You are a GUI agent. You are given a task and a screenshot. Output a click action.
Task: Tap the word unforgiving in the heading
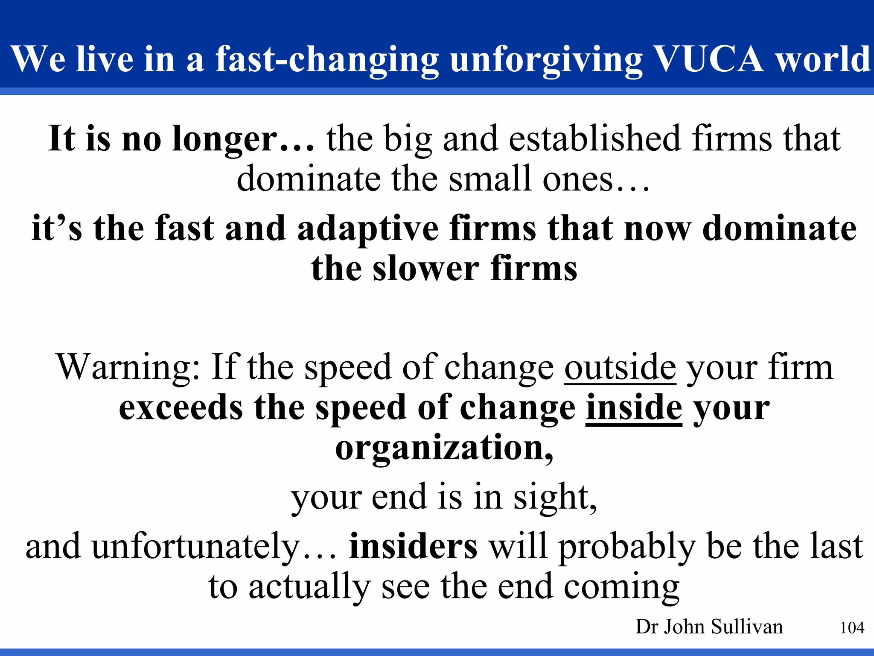point(546,60)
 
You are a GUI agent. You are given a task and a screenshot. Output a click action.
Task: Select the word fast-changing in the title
point(327,60)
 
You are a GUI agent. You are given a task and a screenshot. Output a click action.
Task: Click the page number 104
point(852,628)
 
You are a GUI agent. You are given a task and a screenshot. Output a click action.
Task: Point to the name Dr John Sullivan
point(709,627)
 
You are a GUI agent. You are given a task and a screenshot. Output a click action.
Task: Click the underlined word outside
point(620,367)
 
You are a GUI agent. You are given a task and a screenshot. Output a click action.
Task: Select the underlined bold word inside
point(634,408)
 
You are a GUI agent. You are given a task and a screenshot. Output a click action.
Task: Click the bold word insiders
point(413,547)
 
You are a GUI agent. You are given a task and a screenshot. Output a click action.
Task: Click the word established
point(594,139)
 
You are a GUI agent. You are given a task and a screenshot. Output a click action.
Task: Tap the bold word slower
point(425,269)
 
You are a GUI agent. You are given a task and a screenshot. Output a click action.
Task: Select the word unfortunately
point(196,547)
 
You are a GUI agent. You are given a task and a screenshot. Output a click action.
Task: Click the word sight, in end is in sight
point(555,498)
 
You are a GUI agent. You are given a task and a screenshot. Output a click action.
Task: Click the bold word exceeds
point(181,408)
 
